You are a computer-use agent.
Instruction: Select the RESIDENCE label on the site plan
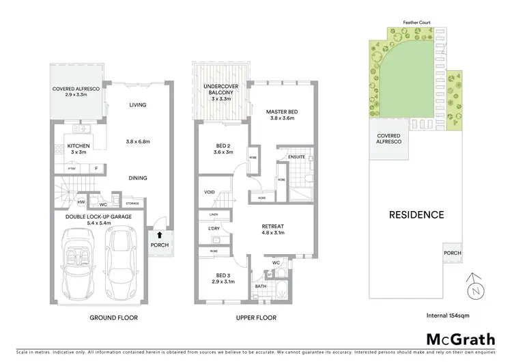click(416, 214)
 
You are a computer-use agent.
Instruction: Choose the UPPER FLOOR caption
click(255, 318)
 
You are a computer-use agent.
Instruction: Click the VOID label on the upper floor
click(210, 192)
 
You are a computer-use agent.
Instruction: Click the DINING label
click(139, 178)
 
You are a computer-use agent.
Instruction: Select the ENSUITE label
click(296, 157)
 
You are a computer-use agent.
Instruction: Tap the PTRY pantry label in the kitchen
click(70, 168)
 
